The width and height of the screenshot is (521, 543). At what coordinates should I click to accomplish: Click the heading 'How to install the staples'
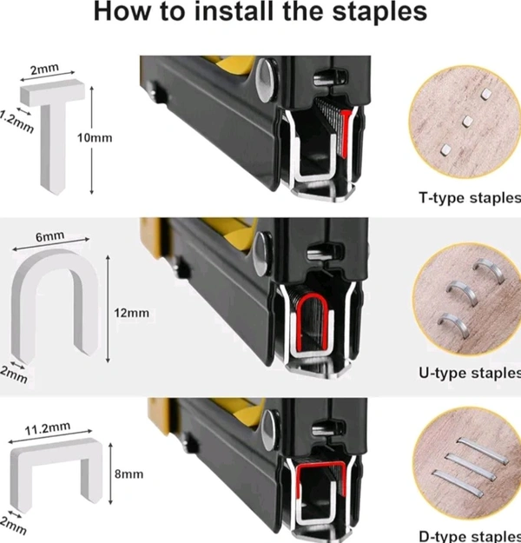pyautogui.click(x=260, y=12)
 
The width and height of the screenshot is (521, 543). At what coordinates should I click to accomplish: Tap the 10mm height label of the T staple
pyautogui.click(x=95, y=138)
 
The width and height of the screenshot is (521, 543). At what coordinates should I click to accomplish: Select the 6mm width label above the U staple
pyautogui.click(x=49, y=236)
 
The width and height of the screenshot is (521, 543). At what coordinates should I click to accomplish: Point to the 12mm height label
pyautogui.click(x=131, y=313)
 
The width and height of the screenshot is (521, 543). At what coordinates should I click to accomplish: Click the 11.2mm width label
pyautogui.click(x=48, y=428)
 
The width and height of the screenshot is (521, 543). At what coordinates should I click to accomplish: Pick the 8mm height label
pyautogui.click(x=129, y=473)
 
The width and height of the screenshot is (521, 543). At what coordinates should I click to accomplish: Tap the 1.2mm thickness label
pyautogui.click(x=16, y=122)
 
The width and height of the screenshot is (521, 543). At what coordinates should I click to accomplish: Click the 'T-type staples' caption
pyautogui.click(x=470, y=198)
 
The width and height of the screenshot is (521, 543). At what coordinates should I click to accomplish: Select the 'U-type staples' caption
pyautogui.click(x=470, y=373)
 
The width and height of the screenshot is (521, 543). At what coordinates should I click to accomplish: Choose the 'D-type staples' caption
pyautogui.click(x=470, y=536)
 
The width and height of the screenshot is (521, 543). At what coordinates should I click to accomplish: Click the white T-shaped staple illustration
pyautogui.click(x=52, y=104)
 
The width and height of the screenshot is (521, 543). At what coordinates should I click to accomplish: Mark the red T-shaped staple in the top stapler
pyautogui.click(x=346, y=131)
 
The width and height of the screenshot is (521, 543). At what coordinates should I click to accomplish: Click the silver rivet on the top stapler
pyautogui.click(x=267, y=80)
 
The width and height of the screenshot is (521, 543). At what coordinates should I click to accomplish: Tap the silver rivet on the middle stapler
pyautogui.click(x=263, y=254)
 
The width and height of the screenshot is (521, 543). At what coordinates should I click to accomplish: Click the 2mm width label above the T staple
pyautogui.click(x=44, y=70)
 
